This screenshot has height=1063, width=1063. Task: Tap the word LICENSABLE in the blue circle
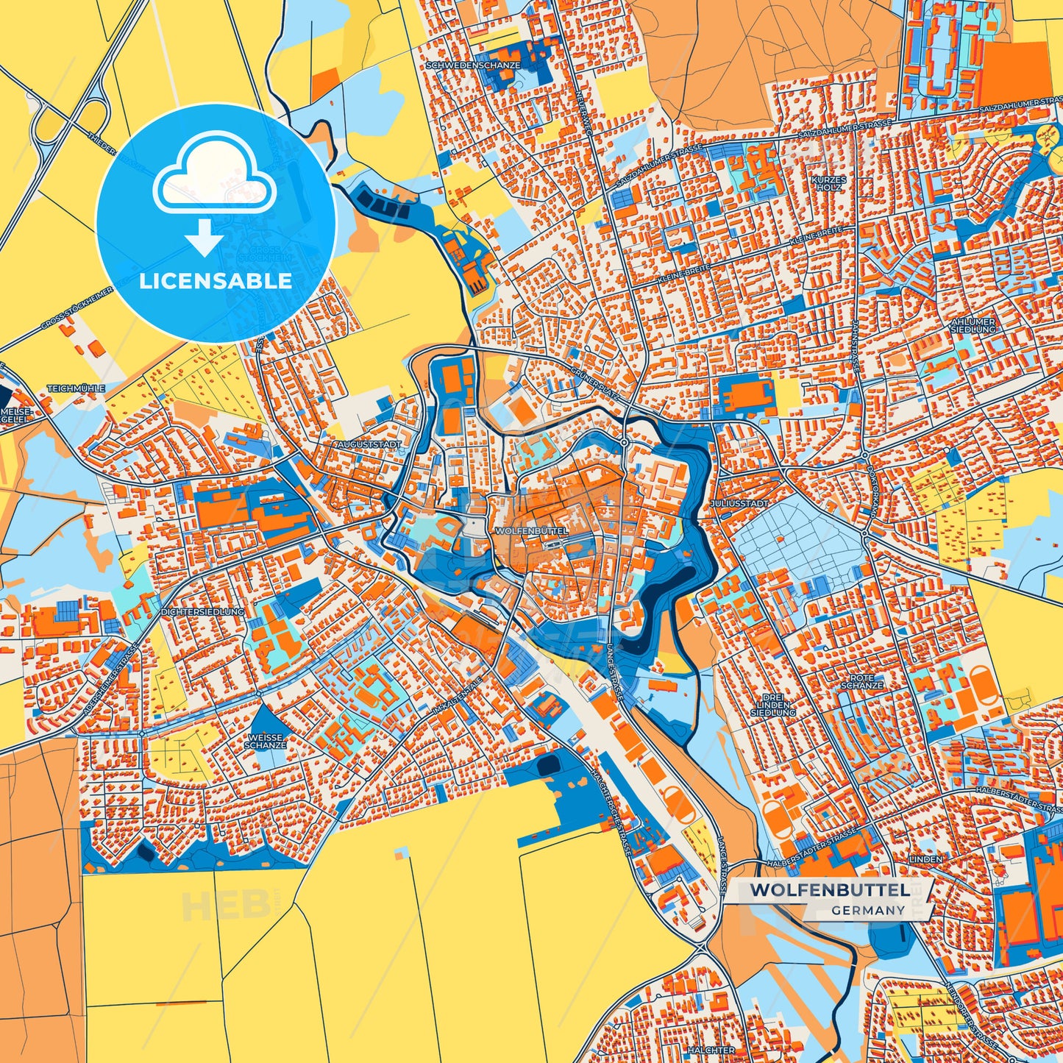[216, 281]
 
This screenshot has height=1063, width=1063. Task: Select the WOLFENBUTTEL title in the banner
[828, 890]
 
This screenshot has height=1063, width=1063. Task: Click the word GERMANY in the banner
[868, 910]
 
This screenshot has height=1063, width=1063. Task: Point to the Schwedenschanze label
[473, 65]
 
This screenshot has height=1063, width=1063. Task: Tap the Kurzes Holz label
[829, 183]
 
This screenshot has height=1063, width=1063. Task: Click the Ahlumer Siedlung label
[973, 325]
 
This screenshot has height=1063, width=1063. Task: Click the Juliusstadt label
[740, 504]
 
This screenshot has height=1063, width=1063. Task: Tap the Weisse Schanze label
[265, 741]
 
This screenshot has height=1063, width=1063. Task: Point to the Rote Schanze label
[861, 681]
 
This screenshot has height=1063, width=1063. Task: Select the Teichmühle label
[77, 388]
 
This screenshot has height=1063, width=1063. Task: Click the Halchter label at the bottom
[711, 1050]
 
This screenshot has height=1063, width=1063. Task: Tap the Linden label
[925, 859]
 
